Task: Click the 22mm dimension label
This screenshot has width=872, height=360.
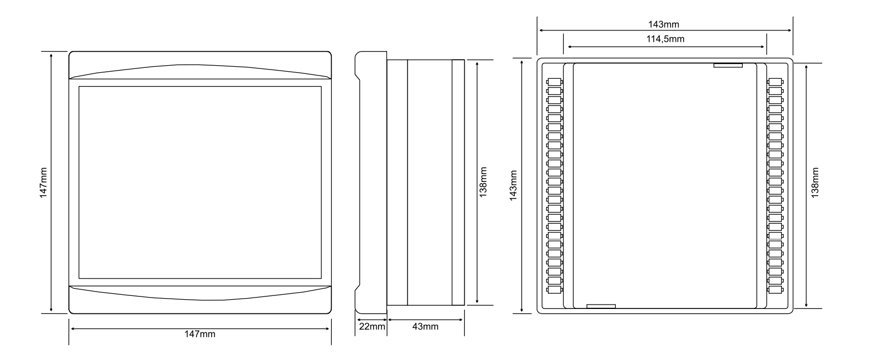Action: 372,326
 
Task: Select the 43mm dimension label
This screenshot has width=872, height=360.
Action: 425,326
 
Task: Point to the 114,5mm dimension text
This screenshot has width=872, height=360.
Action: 665,39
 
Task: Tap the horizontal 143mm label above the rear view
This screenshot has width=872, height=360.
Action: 664,24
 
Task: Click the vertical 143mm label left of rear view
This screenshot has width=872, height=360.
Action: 514,185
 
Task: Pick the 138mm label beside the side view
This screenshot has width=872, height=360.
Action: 483,182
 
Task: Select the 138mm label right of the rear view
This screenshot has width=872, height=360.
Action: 815,182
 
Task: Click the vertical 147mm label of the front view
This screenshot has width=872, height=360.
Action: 43,182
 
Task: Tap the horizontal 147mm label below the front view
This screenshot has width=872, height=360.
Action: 200,334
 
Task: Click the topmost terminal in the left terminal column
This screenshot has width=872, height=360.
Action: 554,82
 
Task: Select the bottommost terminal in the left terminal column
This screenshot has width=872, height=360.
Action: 554,290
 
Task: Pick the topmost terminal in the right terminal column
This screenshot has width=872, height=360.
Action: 775,82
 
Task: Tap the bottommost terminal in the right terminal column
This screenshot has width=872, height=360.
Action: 775,290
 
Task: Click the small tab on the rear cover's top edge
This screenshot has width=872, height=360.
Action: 728,65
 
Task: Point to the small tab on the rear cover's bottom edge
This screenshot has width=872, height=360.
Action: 601,306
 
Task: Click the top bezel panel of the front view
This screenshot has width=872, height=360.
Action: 200,65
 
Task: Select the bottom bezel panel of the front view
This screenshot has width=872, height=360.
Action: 200,300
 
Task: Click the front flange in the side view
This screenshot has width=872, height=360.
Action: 371,182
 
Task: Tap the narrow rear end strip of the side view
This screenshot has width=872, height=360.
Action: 458,182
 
